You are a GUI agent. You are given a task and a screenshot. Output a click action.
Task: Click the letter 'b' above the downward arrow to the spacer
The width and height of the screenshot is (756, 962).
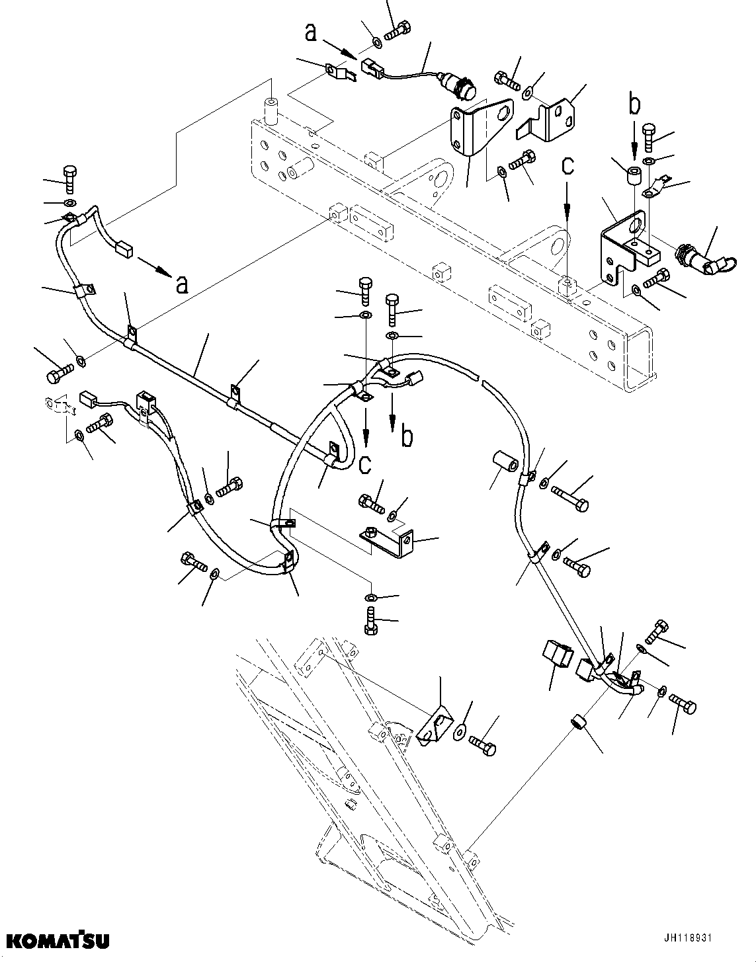click(x=634, y=104)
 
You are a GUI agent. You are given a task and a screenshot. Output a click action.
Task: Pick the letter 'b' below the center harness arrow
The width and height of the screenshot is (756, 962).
click(x=408, y=437)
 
